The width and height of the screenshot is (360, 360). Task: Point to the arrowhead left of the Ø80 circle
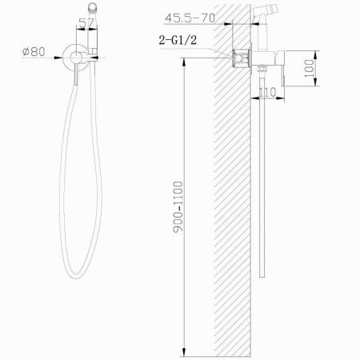(x=64, y=55)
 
